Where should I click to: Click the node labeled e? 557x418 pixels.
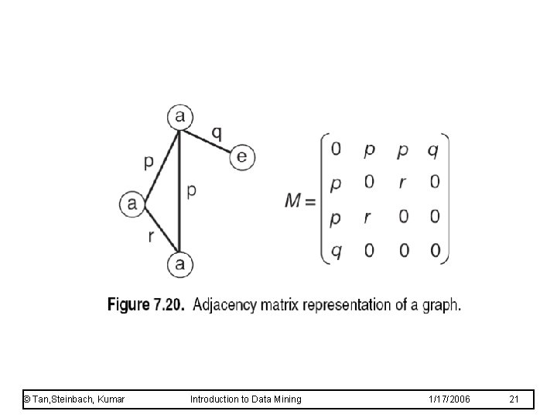pyautogui.click(x=242, y=157)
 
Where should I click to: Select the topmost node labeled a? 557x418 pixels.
pyautogui.click(x=179, y=118)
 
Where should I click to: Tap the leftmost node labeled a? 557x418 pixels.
pyautogui.click(x=132, y=204)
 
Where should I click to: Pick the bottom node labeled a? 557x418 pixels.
pyautogui.click(x=179, y=265)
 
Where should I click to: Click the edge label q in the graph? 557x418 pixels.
pyautogui.click(x=217, y=132)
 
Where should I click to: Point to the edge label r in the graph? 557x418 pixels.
pyautogui.click(x=152, y=236)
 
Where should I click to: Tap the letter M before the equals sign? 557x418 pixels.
pyautogui.click(x=293, y=200)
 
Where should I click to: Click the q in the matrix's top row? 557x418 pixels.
pyautogui.click(x=433, y=149)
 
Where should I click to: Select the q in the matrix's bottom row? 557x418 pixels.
pyautogui.click(x=336, y=249)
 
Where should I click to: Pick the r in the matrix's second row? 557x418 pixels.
pyautogui.click(x=403, y=183)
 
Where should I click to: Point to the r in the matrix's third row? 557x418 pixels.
pyautogui.click(x=368, y=218)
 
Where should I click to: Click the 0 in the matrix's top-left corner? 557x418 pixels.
pyautogui.click(x=336, y=149)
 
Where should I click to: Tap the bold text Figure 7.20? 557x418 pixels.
pyautogui.click(x=145, y=305)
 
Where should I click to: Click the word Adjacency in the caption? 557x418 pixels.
pyautogui.click(x=222, y=305)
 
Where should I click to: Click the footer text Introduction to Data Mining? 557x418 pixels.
pyautogui.click(x=246, y=399)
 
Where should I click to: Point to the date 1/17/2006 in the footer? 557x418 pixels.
pyautogui.click(x=449, y=399)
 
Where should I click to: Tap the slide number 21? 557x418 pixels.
pyautogui.click(x=514, y=399)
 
